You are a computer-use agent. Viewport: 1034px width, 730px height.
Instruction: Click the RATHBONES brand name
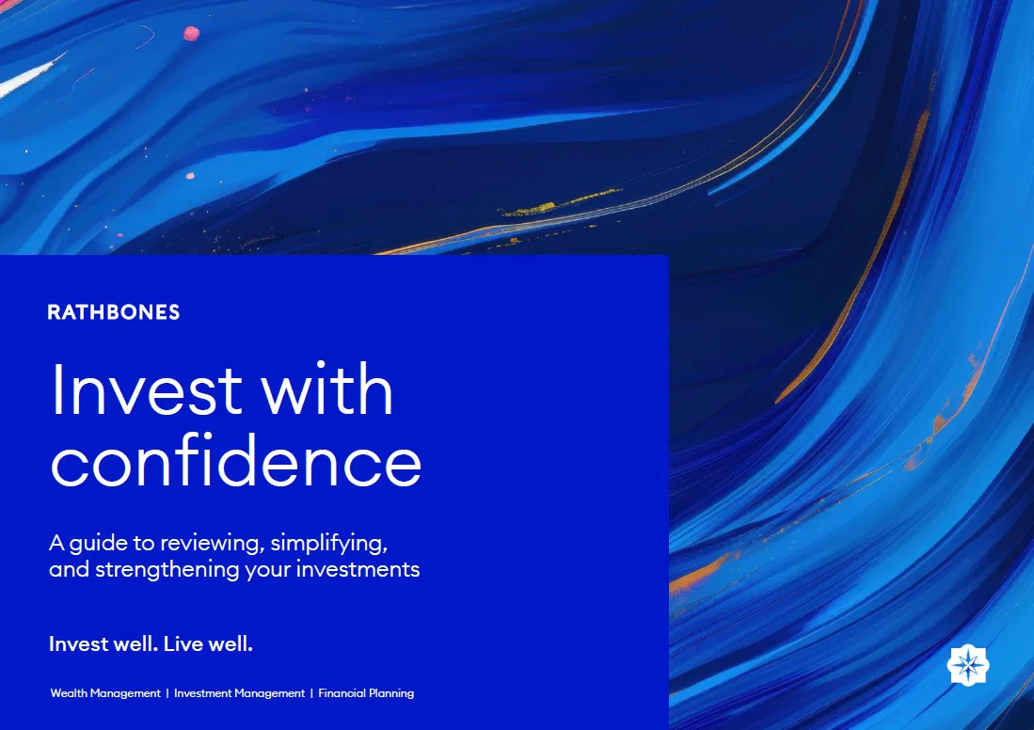(114, 312)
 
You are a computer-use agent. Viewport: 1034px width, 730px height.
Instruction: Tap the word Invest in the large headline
(147, 389)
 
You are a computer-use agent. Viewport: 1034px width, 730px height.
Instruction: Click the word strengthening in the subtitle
(167, 570)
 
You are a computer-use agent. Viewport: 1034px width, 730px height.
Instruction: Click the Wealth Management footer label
(105, 693)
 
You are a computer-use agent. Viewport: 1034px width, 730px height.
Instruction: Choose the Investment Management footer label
(239, 693)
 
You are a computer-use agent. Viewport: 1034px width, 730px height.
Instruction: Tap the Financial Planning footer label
(366, 693)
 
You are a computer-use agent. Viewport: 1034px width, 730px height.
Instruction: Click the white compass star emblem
(967, 665)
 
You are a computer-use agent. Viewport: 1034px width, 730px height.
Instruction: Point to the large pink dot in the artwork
(191, 34)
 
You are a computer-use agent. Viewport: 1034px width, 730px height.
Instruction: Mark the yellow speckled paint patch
(561, 202)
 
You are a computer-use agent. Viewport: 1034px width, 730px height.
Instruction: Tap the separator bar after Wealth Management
(167, 693)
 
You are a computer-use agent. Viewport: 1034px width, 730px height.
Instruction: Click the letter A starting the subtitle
(56, 543)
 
